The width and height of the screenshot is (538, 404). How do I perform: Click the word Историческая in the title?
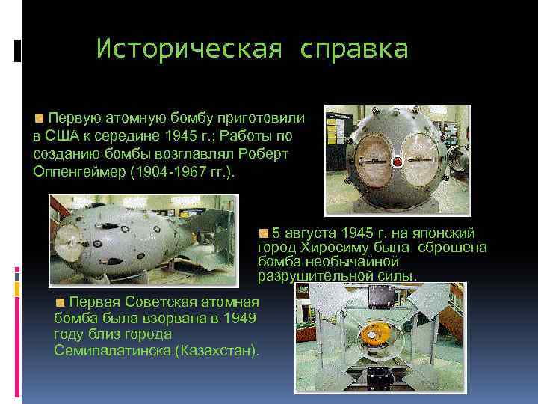[x=190, y=49]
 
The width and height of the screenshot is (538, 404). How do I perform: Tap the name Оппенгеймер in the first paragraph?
[x=80, y=171]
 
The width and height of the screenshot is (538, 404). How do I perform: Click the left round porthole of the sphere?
[x=360, y=159]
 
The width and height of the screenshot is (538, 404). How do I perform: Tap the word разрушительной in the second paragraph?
[x=304, y=277]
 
